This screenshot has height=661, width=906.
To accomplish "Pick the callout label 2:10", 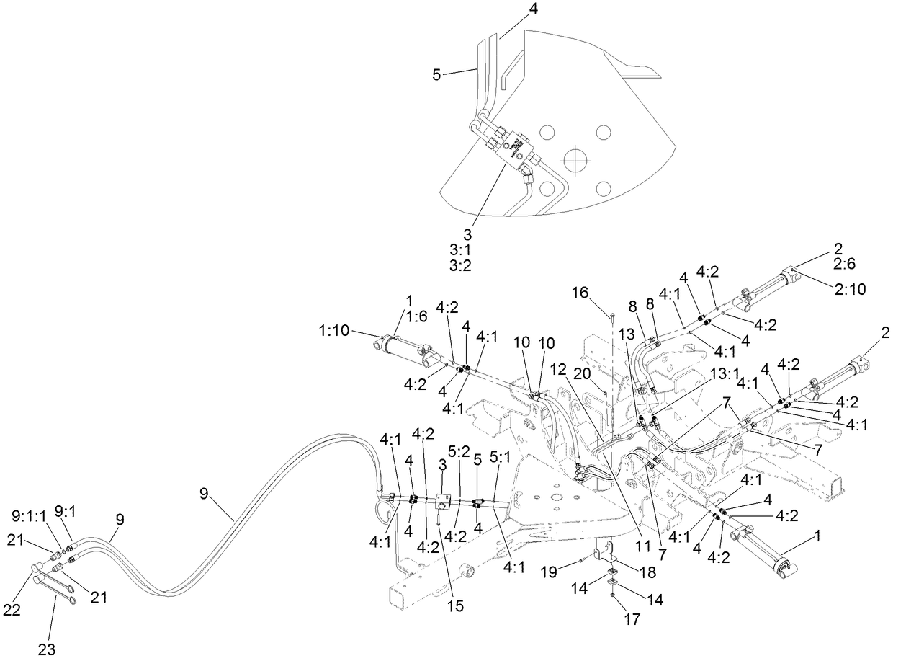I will tap(850, 290).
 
